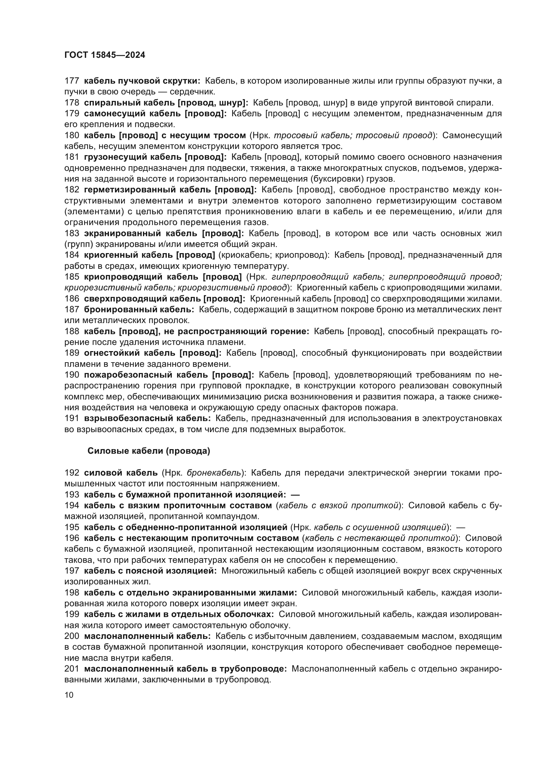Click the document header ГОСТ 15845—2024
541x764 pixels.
click(105, 55)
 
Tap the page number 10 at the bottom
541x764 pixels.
click(69, 695)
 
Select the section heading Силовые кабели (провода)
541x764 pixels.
click(148, 451)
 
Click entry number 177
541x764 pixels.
click(72, 81)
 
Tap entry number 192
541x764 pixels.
click(72, 473)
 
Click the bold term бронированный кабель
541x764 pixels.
click(139, 309)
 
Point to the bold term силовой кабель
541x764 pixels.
click(121, 473)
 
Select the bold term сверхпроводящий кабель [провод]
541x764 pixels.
click(165, 299)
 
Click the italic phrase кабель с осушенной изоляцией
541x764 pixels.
click(380, 527)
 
